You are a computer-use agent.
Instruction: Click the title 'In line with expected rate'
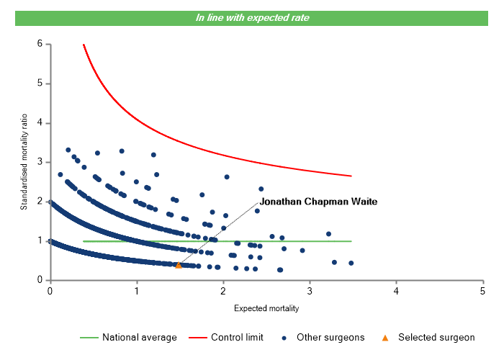pyautogui.click(x=253, y=17)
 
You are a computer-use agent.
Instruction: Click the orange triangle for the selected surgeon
pyautogui.click(x=179, y=265)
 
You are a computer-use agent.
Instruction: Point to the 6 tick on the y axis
pyautogui.click(x=40, y=44)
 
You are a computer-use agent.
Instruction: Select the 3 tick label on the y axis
pyautogui.click(x=40, y=162)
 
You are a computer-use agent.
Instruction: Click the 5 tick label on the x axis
pyautogui.click(x=482, y=291)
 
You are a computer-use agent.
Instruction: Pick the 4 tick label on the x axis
pyautogui.click(x=396, y=291)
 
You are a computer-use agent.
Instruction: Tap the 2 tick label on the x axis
pyautogui.click(x=222, y=291)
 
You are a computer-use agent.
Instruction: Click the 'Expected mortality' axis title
pyautogui.click(x=266, y=308)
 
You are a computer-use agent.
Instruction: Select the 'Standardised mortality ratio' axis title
pyautogui.click(x=24, y=162)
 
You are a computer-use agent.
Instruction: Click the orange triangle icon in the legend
pyautogui.click(x=386, y=337)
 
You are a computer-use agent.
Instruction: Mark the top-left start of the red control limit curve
pyautogui.click(x=84, y=45)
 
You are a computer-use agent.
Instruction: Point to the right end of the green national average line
pyautogui.click(x=351, y=241)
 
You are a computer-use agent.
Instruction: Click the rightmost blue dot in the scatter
pyautogui.click(x=351, y=263)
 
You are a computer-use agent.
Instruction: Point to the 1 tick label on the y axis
pyautogui.click(x=40, y=241)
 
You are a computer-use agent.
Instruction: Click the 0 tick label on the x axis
pyautogui.click(x=50, y=291)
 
